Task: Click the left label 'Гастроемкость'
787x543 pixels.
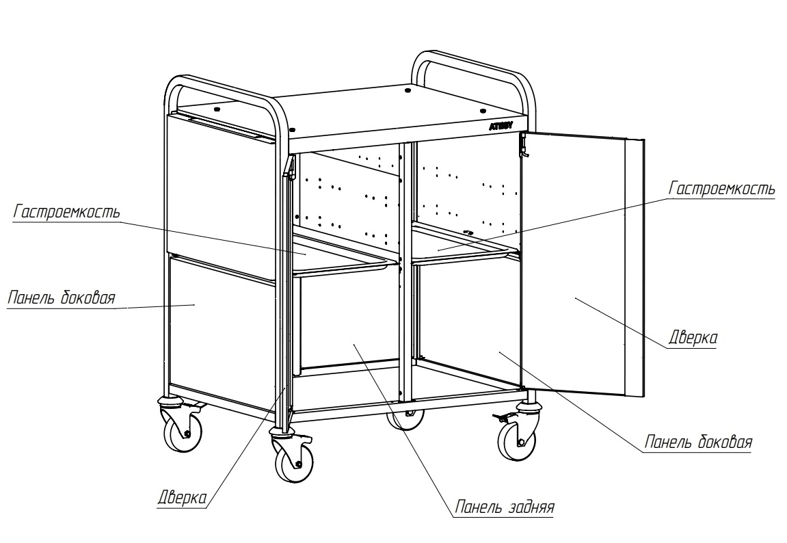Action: pos(67,212)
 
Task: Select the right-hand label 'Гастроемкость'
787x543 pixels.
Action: pos(722,189)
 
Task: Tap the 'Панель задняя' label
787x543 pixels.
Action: pos(505,507)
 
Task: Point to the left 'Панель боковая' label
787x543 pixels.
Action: pos(62,297)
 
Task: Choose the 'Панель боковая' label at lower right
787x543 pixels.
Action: pos(698,442)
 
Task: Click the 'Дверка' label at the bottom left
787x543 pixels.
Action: pos(182,498)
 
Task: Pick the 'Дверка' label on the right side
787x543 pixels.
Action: pos(693,337)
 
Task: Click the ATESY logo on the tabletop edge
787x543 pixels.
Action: pos(501,127)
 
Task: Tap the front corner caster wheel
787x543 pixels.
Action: pos(294,459)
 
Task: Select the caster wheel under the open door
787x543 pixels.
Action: pos(517,438)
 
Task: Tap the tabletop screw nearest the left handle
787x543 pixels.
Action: pos(217,109)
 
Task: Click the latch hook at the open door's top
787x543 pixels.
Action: pos(524,146)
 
